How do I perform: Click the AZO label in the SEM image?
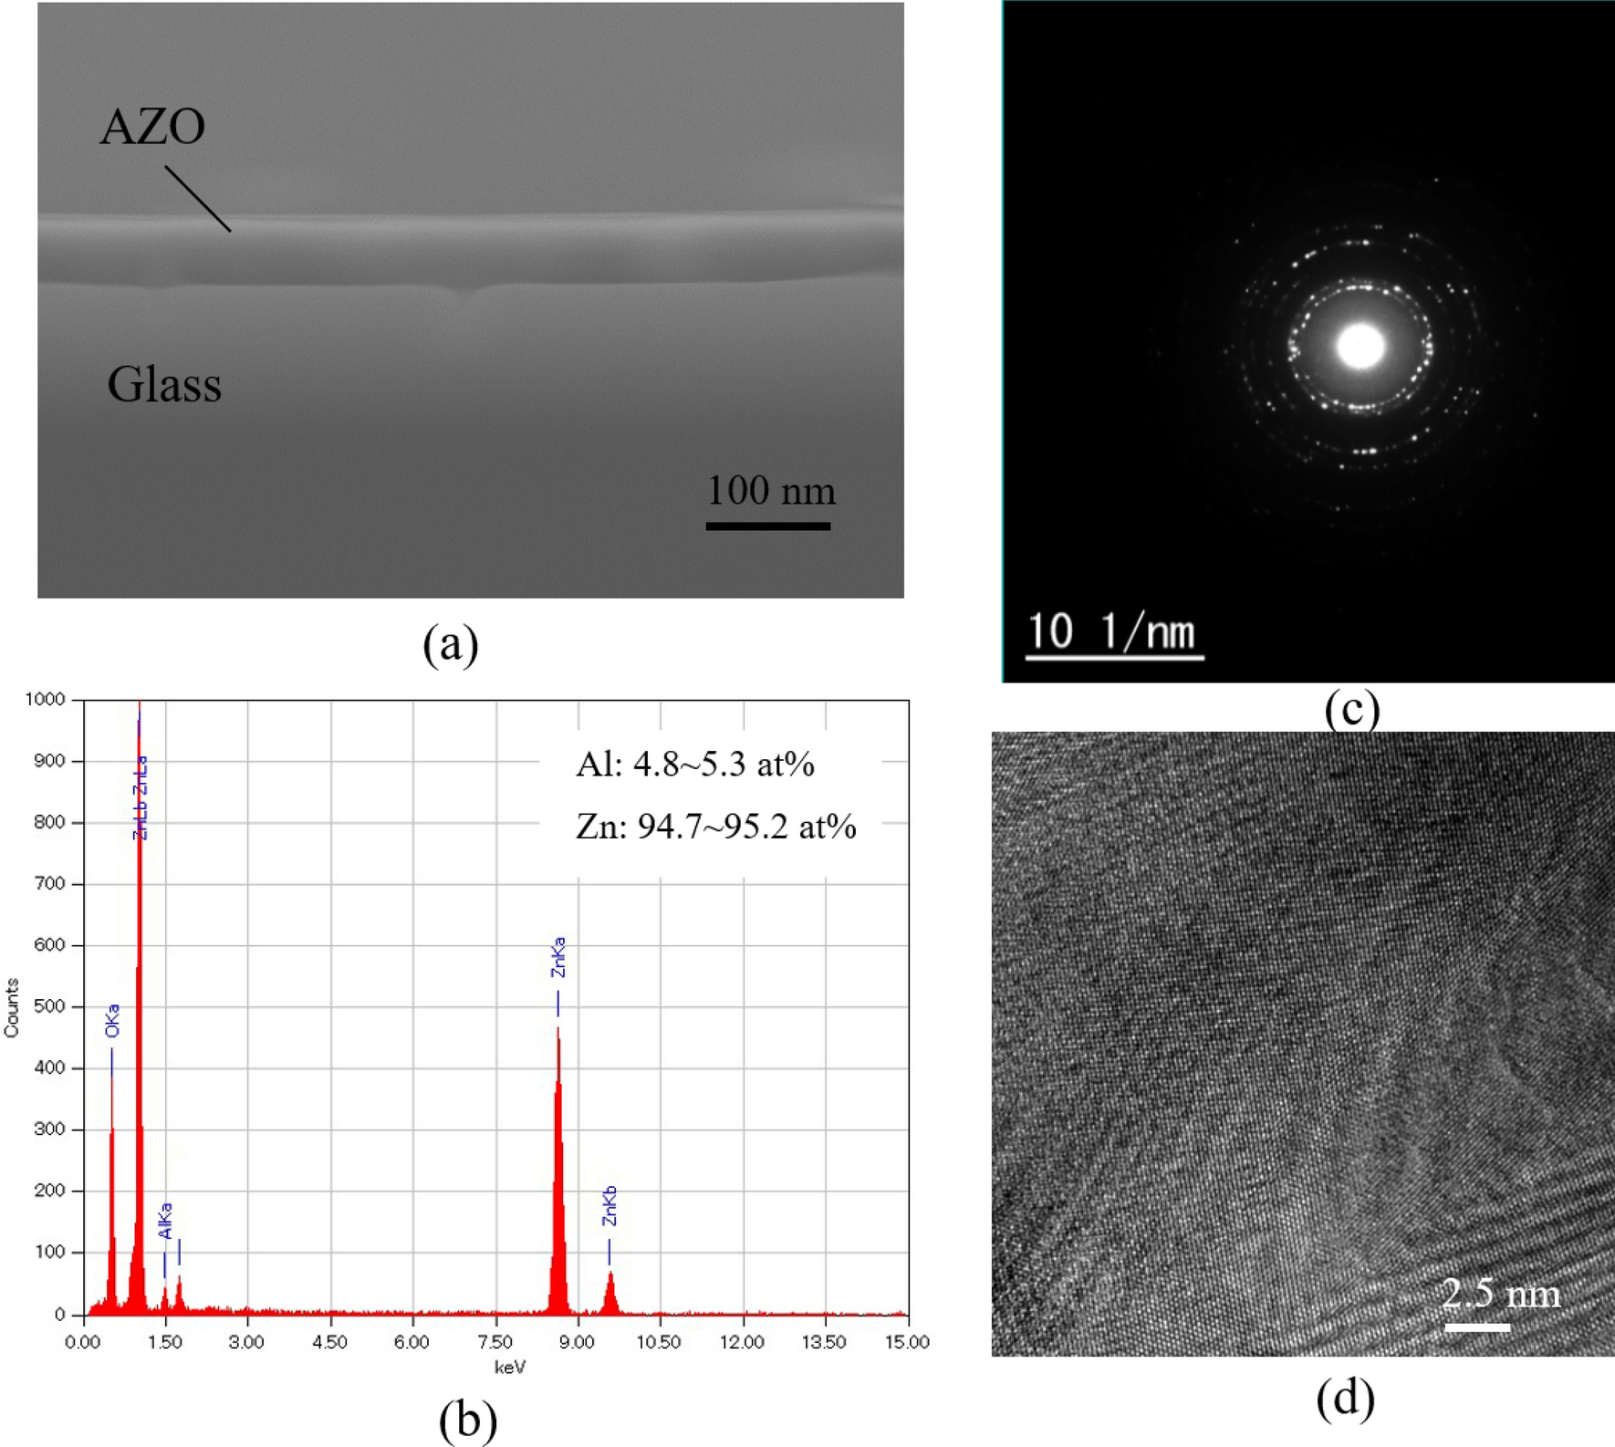pos(152,126)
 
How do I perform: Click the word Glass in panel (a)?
pos(164,385)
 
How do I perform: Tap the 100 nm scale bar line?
pos(767,526)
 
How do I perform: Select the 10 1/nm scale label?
pos(1110,630)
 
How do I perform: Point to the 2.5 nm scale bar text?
pos(1501,1293)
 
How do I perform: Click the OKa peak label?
pos(112,1021)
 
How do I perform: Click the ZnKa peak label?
pos(558,957)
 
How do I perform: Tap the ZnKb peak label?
pos(610,1205)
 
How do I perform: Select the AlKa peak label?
pos(165,1221)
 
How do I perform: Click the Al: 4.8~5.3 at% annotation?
pos(695,764)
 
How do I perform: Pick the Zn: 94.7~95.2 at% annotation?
pos(715,827)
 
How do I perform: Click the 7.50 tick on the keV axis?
pos(495,1342)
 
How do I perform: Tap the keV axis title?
pos(509,1367)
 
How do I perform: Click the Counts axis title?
pos(12,1007)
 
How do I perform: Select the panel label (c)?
pos(1351,709)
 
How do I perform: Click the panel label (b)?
pos(467,1420)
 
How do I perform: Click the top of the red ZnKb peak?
pos(610,1274)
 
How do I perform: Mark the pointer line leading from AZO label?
pos(198,199)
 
